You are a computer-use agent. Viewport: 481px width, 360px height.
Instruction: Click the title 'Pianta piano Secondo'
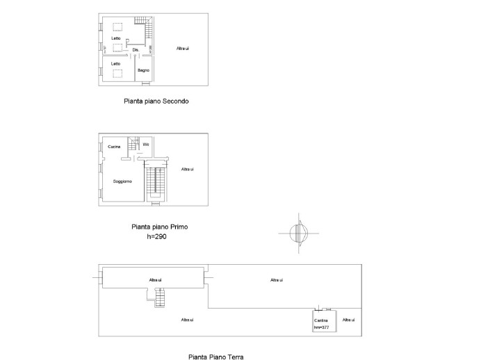155,101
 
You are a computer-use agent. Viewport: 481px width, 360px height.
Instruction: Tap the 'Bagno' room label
142,70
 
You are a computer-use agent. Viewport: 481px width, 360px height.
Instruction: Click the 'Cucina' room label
114,147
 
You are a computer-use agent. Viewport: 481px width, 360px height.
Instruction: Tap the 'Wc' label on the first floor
146,144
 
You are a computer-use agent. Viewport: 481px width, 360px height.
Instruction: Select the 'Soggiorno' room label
122,181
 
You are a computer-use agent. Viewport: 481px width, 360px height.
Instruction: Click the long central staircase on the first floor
156,183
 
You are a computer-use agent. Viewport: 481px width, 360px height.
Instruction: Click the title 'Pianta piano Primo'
159,227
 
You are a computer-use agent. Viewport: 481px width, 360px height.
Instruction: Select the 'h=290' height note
157,236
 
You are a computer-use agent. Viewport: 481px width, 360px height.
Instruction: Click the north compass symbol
297,233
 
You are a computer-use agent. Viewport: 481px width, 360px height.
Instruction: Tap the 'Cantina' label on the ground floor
320,320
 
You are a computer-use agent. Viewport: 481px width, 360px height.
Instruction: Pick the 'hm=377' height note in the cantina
320,327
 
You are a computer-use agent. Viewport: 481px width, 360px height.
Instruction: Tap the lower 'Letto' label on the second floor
115,63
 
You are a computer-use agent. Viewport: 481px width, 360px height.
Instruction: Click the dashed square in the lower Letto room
118,72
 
